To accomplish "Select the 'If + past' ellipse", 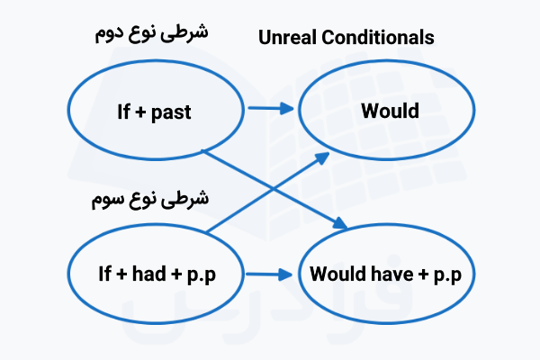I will point(155,113).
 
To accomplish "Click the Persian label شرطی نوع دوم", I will point(151,33).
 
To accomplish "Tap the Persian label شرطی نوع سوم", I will point(150,198).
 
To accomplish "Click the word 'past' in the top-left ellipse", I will point(172,113).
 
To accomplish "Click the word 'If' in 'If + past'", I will point(123,113).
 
